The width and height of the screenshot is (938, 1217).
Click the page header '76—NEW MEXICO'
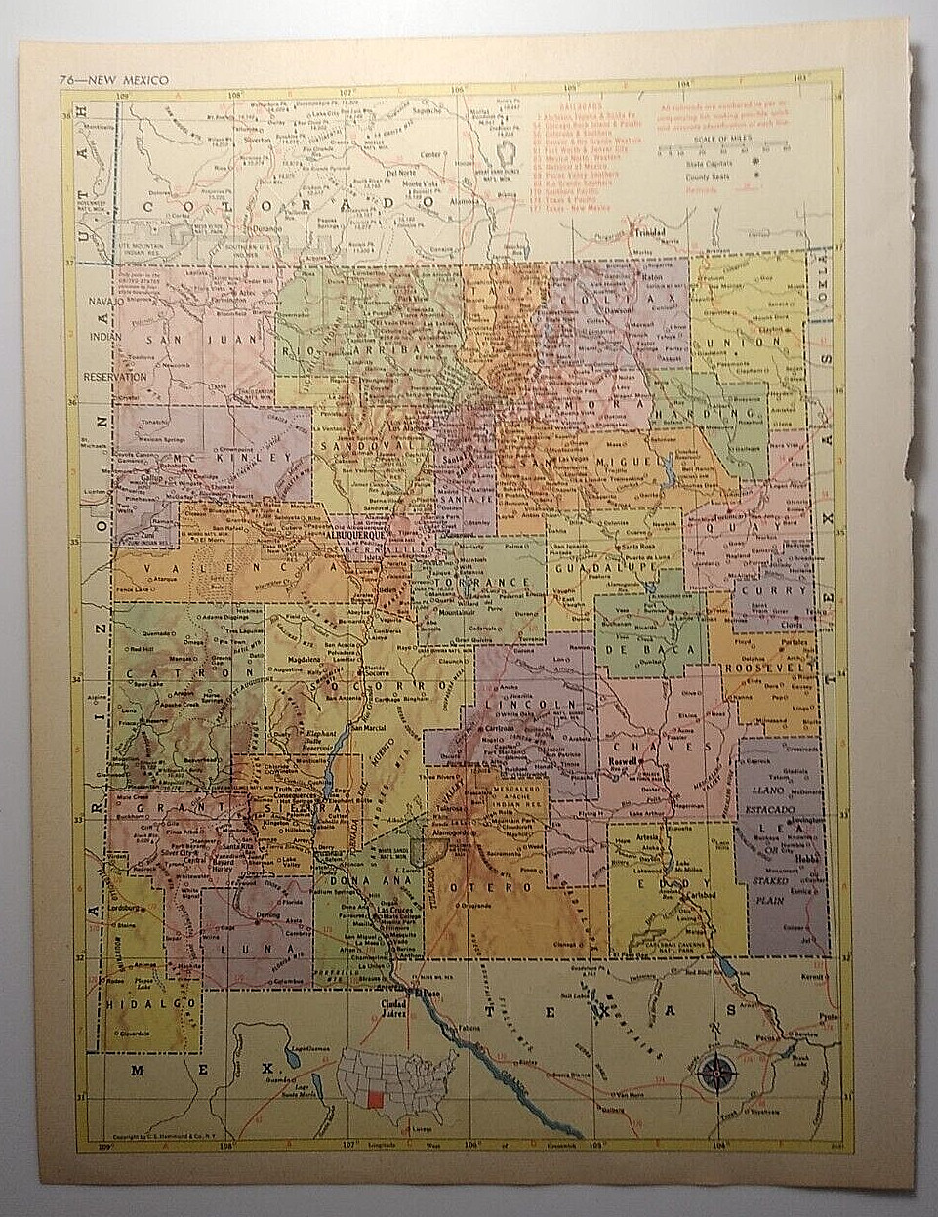point(113,80)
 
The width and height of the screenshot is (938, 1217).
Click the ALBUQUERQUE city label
point(357,535)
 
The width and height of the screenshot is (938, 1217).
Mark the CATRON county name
point(188,673)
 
